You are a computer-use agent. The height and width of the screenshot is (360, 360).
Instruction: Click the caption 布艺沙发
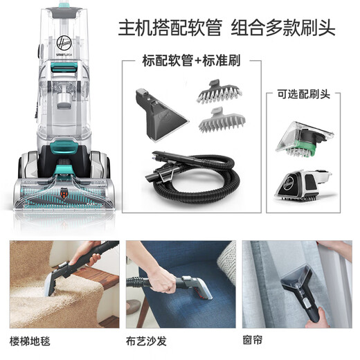pos(147,341)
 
